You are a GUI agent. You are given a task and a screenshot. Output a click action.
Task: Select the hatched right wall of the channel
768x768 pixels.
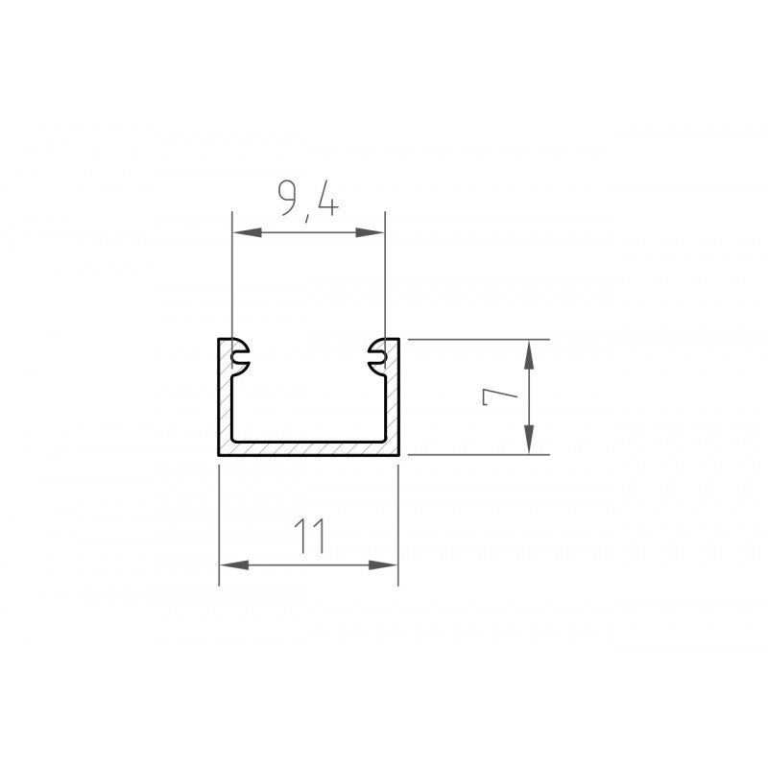(392, 403)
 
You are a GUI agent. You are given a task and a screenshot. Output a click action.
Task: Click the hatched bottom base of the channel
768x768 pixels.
(308, 447)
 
